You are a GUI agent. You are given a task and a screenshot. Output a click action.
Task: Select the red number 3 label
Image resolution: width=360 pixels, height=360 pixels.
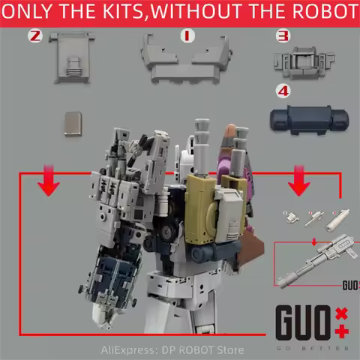(x=283, y=35)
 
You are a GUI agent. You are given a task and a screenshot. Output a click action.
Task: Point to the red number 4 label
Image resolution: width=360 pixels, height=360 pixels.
(x=282, y=93)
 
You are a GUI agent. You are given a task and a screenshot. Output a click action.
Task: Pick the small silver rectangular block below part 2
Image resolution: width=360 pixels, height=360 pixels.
(x=73, y=123)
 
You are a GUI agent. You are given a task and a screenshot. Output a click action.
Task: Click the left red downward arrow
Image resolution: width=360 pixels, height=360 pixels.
(x=49, y=184)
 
